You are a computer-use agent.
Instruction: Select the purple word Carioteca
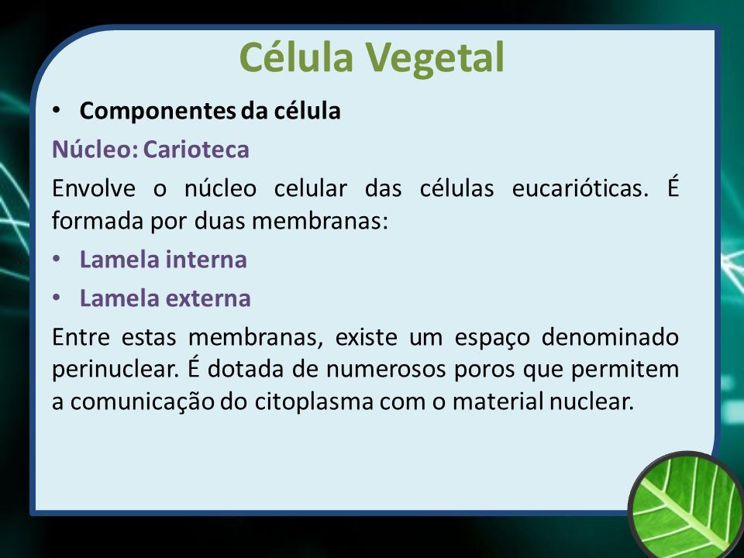click(x=196, y=150)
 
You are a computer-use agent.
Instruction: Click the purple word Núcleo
click(x=95, y=150)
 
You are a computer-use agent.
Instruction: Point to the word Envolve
click(x=94, y=188)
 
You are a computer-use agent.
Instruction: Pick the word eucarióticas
click(x=580, y=188)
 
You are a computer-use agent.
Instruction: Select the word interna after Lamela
click(x=206, y=260)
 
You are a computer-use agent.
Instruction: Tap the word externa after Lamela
click(x=208, y=299)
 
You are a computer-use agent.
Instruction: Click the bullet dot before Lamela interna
click(x=57, y=260)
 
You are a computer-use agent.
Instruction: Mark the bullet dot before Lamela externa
click(x=57, y=298)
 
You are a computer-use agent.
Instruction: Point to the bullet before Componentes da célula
click(x=57, y=111)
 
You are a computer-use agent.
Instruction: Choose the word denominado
click(x=610, y=337)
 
